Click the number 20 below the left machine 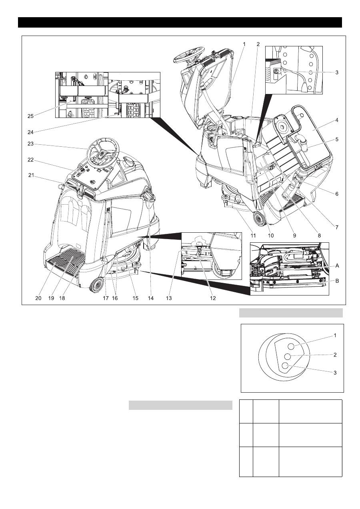pyautogui.click(x=38, y=298)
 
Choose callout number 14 pyautogui.click(x=150, y=298)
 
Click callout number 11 pyautogui.click(x=252, y=236)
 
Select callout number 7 pyautogui.click(x=337, y=227)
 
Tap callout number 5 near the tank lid pyautogui.click(x=337, y=140)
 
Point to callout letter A pyautogui.click(x=337, y=265)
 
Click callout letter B pyautogui.click(x=337, y=281)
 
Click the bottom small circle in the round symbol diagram pyautogui.click(x=285, y=365)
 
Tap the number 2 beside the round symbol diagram pyautogui.click(x=335, y=355)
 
